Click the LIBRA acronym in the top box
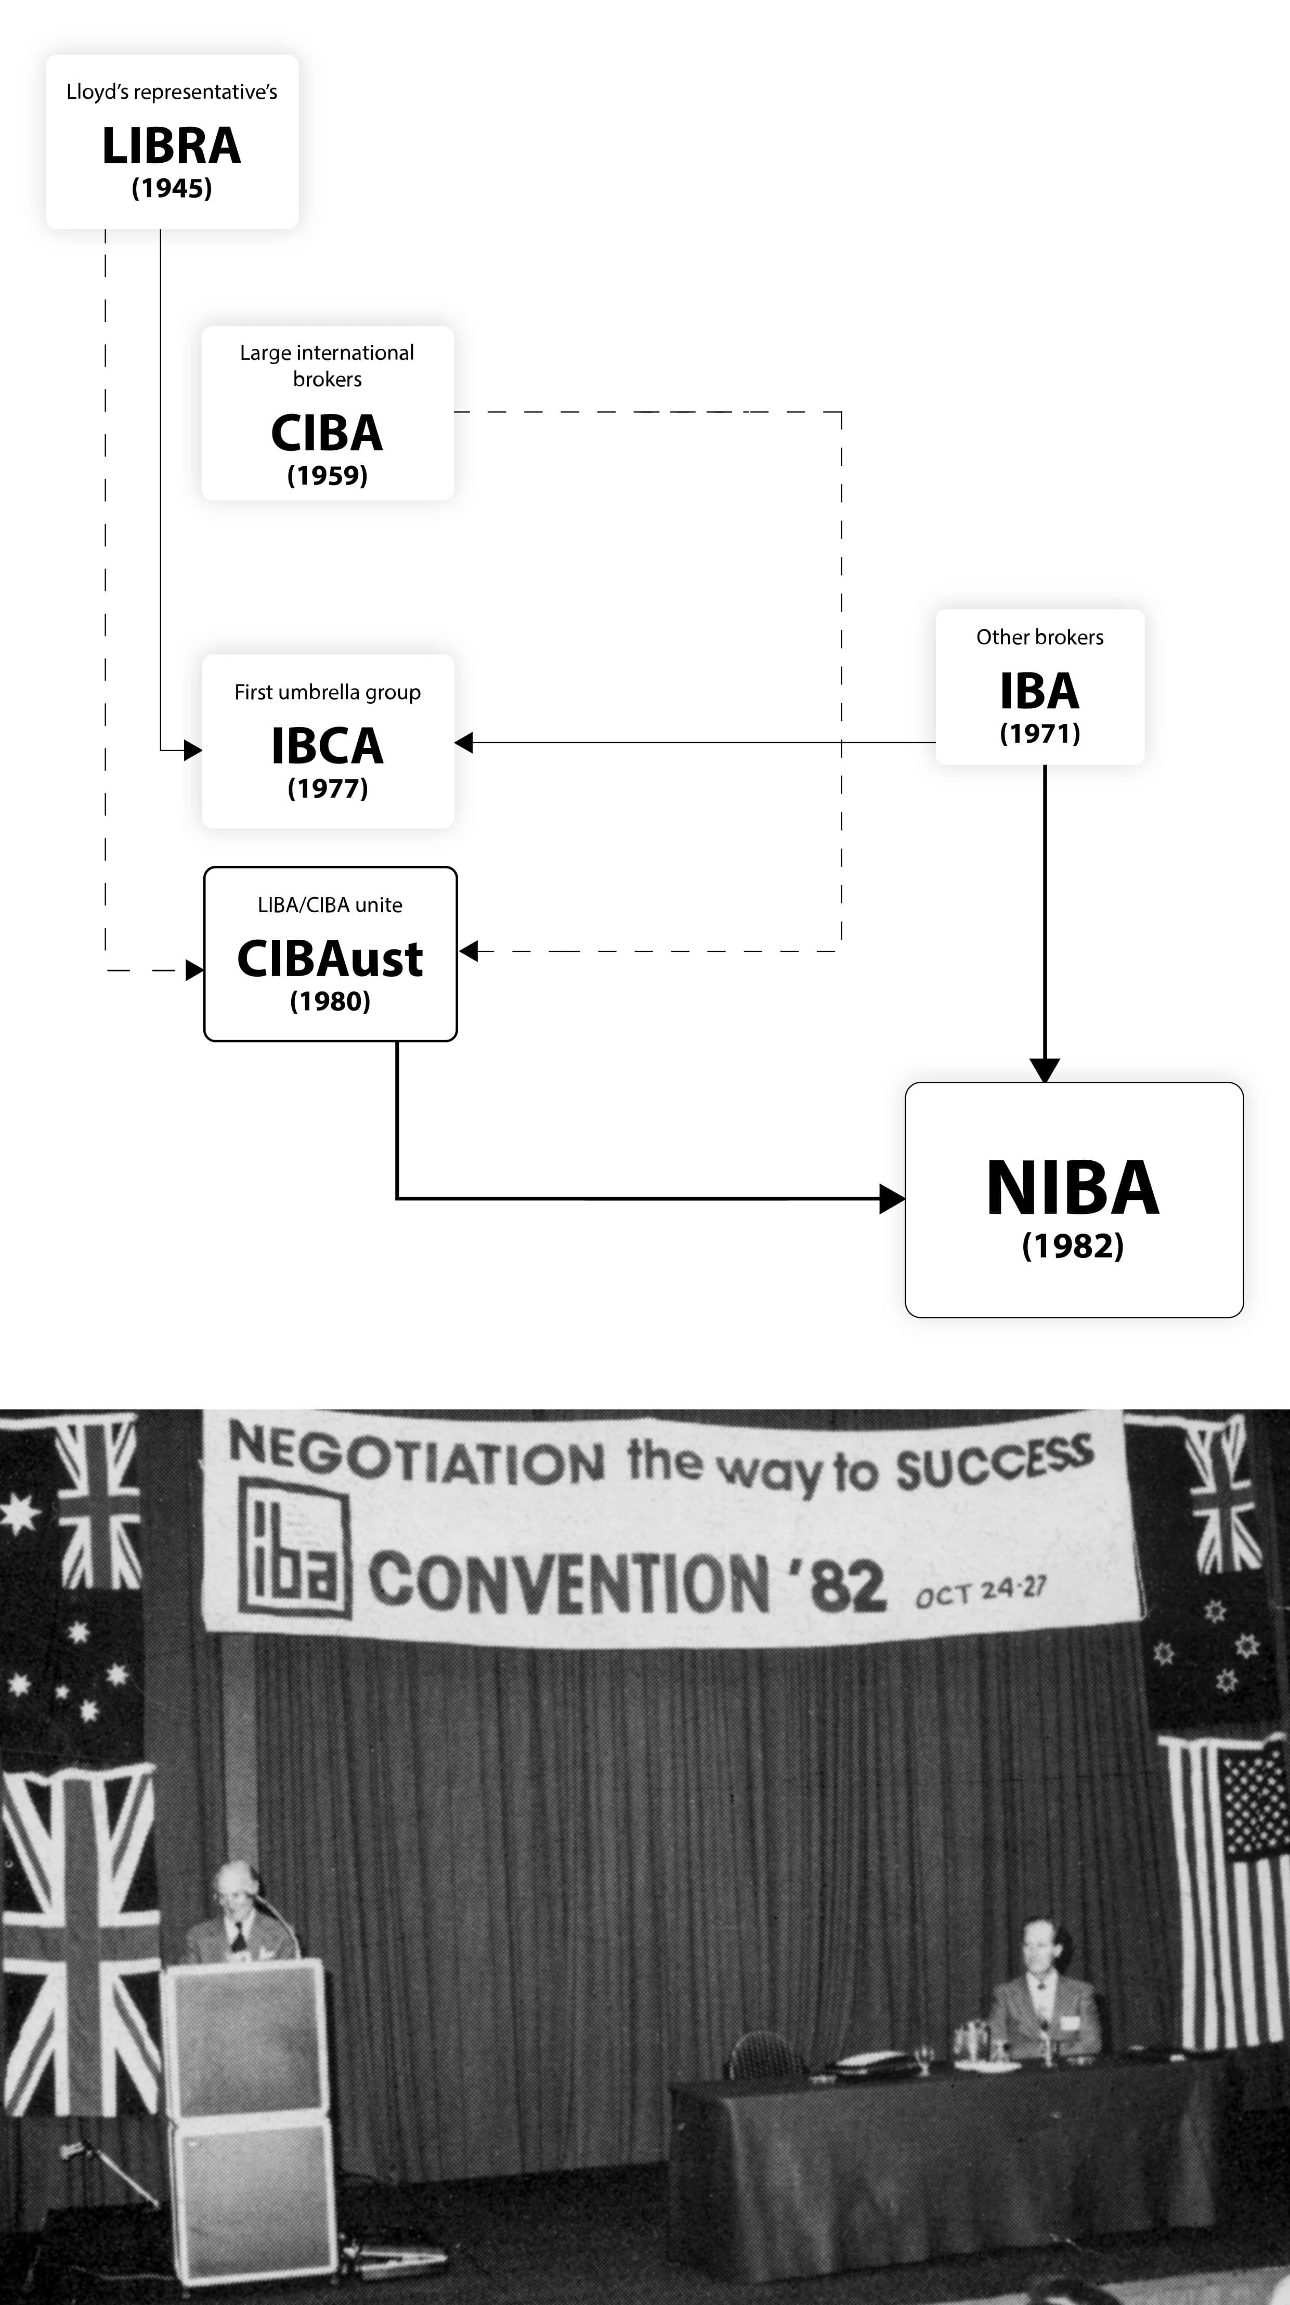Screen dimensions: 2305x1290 171,146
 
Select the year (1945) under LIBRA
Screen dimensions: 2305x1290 171,188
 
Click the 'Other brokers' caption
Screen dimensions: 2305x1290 1039,637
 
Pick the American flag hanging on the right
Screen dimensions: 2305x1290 1228,1888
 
